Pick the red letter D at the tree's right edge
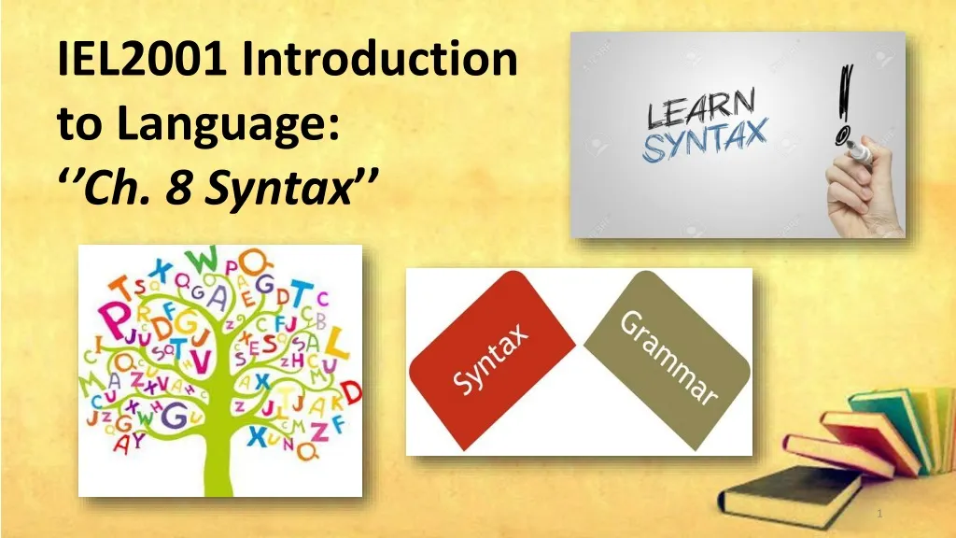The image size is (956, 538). (351, 391)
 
